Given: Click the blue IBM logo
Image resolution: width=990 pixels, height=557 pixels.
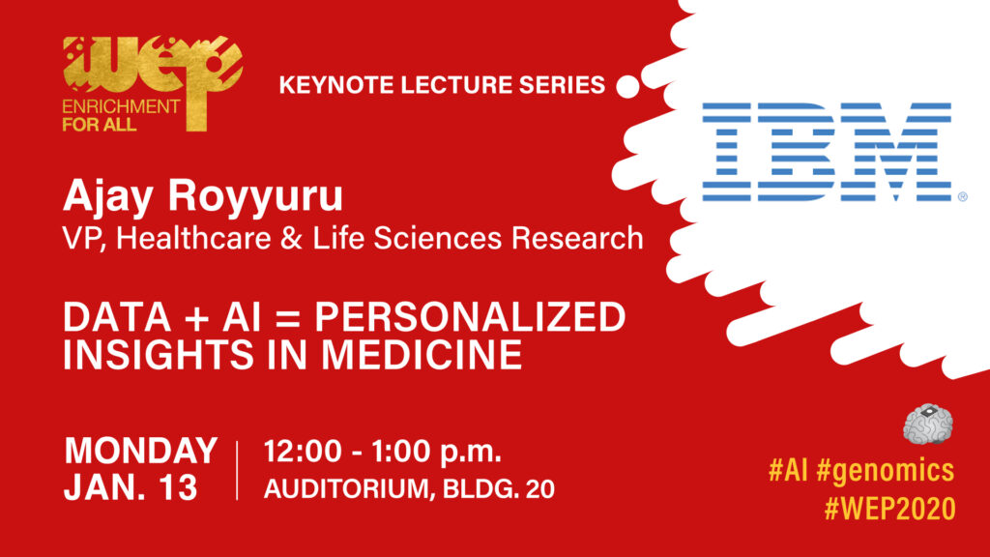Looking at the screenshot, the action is pos(829,152).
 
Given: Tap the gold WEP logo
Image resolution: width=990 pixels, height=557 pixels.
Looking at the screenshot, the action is pos(153,83).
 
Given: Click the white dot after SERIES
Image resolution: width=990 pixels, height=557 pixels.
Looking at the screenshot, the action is pos(627,86).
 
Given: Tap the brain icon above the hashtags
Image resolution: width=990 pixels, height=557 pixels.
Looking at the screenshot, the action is pos(927,424).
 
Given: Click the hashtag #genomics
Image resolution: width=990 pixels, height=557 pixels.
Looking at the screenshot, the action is pos(885,471).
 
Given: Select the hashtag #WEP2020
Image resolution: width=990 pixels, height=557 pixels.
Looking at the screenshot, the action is pos(889,509).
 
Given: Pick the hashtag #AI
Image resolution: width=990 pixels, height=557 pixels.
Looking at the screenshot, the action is pos(788,470).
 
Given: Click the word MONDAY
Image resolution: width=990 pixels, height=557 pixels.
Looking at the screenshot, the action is pos(141,451).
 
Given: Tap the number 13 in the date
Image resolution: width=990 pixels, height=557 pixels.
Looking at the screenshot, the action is pos(178,487).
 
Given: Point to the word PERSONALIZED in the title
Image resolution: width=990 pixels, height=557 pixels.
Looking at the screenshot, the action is pos(470,316).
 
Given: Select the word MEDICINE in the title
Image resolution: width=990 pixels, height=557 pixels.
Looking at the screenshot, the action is pos(422,354).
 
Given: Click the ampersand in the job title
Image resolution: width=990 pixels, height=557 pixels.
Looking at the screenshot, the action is pos(291,239).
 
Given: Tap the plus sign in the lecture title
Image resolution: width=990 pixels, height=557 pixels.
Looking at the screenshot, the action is pos(197,317).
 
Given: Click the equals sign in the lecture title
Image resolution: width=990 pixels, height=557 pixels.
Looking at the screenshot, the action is pos(288,317).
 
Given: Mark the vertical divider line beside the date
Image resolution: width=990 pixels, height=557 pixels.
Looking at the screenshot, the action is pos(238,470).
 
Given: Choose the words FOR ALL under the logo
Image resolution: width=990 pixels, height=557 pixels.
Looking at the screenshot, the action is pos(100,125).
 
